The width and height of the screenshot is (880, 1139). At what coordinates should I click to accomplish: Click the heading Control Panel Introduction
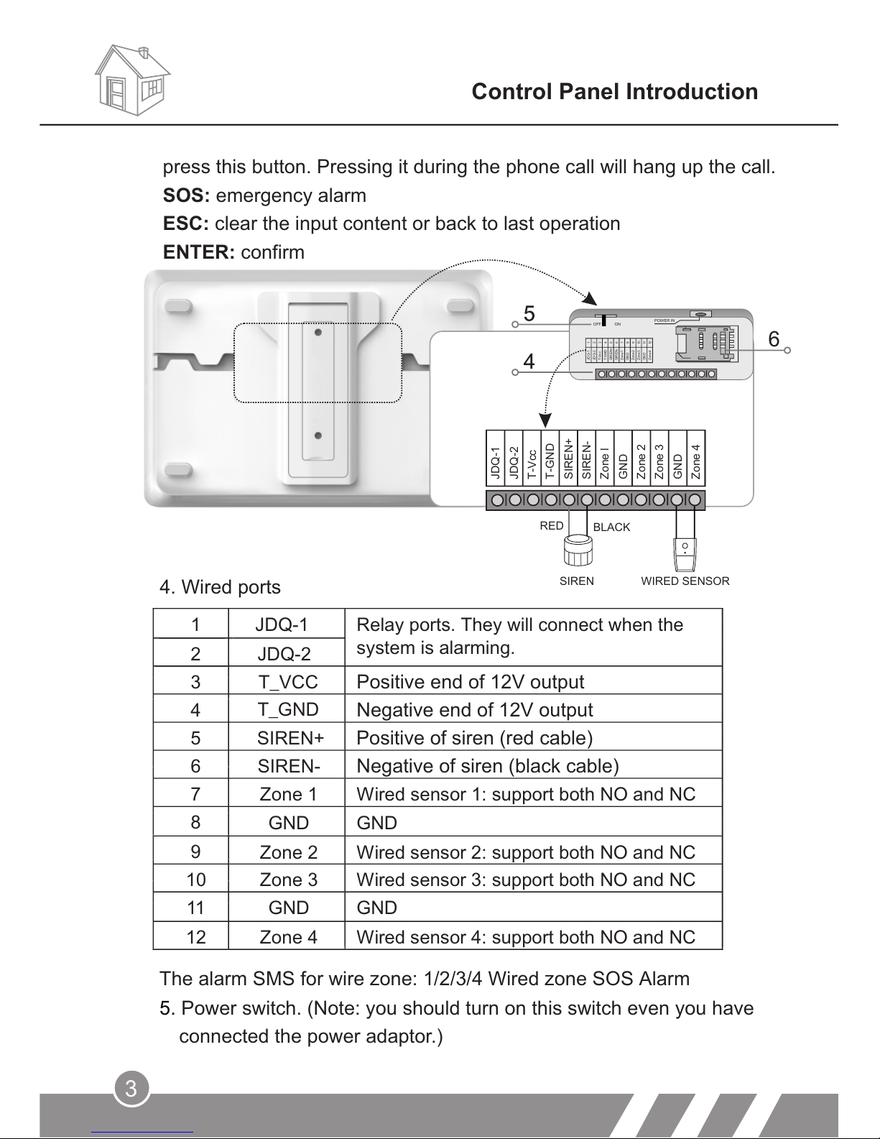point(614,92)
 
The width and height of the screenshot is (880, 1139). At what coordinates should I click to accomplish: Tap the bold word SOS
point(185,195)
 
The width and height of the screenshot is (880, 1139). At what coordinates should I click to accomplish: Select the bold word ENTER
point(198,252)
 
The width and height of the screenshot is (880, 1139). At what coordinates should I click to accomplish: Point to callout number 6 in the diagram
point(774,339)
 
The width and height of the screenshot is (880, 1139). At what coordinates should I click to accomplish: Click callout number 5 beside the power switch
point(529,314)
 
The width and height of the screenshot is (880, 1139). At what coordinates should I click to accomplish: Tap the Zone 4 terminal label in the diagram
point(696,461)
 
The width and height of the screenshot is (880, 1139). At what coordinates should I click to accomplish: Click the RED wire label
point(552,526)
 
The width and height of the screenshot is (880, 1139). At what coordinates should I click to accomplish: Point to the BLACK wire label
point(611,527)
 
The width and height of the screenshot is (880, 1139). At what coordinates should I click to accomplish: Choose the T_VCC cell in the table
point(288,681)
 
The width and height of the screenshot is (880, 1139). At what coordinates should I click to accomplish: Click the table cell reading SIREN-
point(288,766)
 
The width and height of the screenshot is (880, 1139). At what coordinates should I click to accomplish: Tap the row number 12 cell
point(196,937)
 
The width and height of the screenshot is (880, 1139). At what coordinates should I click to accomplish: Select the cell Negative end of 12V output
point(475,710)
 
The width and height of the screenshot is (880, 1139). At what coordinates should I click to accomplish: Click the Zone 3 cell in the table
point(288,880)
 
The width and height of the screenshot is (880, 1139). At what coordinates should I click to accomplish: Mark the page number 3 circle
point(131,1089)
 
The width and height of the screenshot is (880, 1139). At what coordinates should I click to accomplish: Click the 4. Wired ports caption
point(220,587)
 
